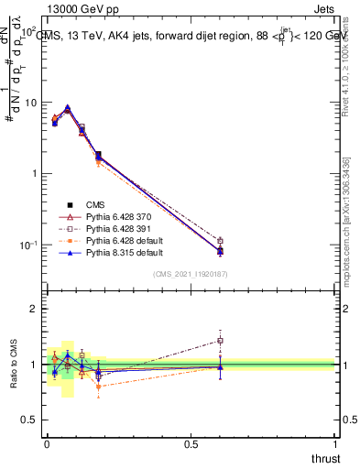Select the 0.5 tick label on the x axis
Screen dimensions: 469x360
[191, 445]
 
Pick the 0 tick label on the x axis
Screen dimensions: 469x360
[46, 445]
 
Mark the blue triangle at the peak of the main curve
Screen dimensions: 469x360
[67, 108]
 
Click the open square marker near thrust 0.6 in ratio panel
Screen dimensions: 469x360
[220, 341]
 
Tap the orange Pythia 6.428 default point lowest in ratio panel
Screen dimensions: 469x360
[98, 387]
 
